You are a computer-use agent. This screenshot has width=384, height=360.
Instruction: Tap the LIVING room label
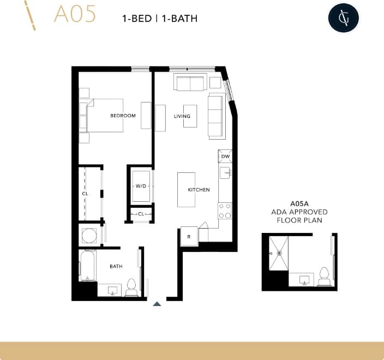coord(182,116)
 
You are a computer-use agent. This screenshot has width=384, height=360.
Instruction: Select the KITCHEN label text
coord(199,190)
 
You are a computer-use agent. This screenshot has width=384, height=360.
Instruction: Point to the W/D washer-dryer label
coord(141,186)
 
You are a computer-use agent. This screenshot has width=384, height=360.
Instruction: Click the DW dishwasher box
coord(225,157)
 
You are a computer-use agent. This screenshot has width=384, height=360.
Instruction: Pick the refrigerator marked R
coord(189,237)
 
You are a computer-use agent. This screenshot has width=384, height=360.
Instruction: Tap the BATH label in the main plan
coord(116,267)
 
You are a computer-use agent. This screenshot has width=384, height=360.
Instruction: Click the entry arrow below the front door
coord(157,304)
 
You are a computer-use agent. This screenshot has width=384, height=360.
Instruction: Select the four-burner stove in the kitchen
coord(225,211)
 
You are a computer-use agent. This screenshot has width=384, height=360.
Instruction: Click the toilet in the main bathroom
coord(131,287)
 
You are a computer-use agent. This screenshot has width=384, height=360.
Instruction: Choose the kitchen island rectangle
coord(185,190)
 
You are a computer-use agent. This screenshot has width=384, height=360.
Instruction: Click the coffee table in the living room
coord(190,116)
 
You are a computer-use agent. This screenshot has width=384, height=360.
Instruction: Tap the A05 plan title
coord(74,15)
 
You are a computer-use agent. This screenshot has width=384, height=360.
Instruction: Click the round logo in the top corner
coord(344,19)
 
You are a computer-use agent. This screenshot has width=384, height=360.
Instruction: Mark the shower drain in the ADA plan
coord(279,253)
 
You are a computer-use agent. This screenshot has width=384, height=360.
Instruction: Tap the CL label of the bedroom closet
coord(85,194)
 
